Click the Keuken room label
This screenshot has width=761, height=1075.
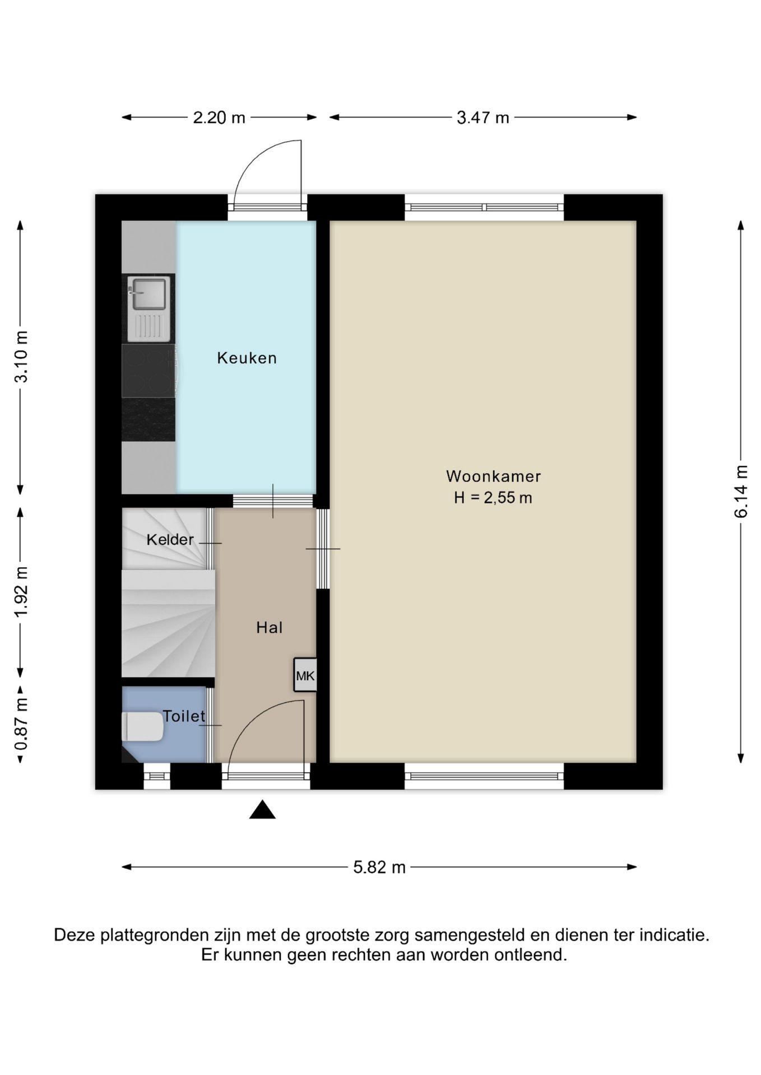pyautogui.click(x=247, y=358)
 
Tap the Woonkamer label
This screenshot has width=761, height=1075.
pyautogui.click(x=493, y=476)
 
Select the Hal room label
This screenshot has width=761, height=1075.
pyautogui.click(x=269, y=628)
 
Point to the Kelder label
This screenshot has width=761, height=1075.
pyautogui.click(x=170, y=540)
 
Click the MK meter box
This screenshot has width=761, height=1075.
pyautogui.click(x=305, y=675)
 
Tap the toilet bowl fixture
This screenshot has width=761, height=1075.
pyautogui.click(x=143, y=727)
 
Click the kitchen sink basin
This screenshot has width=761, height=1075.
pyautogui.click(x=148, y=293)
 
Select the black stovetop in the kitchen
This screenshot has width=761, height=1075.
pyautogui.click(x=149, y=371)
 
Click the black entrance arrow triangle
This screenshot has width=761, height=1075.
pyautogui.click(x=262, y=810)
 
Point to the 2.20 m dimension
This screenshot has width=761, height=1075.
pyautogui.click(x=219, y=118)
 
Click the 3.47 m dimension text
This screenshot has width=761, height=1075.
pyautogui.click(x=483, y=118)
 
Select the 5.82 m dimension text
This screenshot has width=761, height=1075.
pyautogui.click(x=379, y=867)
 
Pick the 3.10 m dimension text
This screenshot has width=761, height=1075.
pyautogui.click(x=21, y=357)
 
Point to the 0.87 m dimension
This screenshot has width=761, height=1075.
pyautogui.click(x=21, y=726)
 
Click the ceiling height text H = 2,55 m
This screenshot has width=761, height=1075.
pyautogui.click(x=493, y=498)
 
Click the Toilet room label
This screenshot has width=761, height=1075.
pyautogui.click(x=184, y=716)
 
